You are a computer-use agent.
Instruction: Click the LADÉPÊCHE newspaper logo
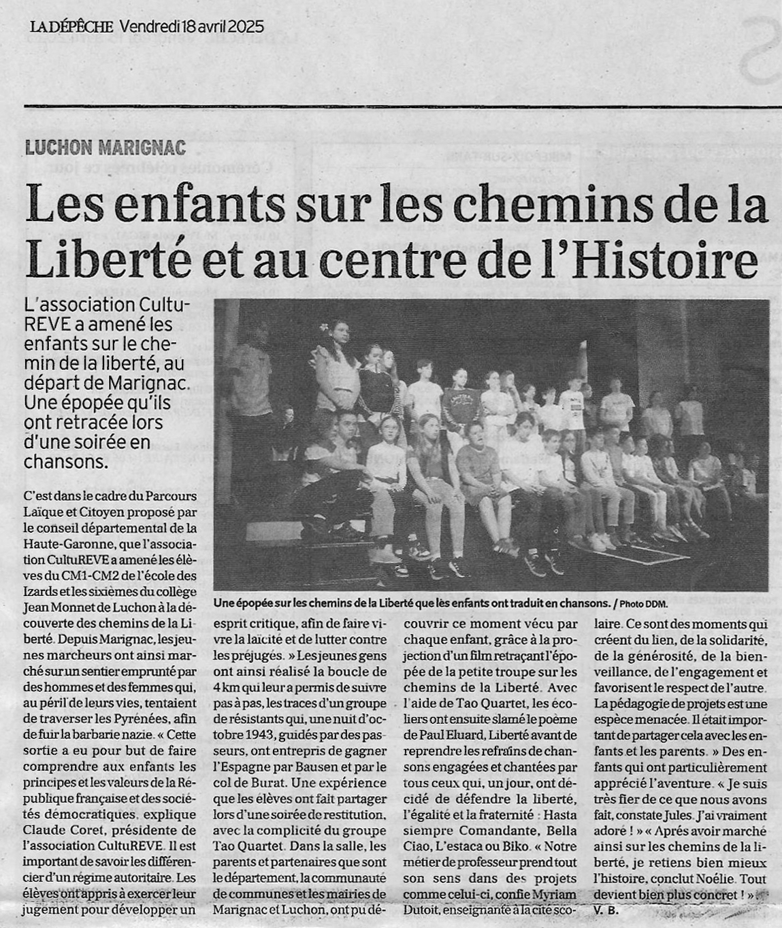[x=71, y=27]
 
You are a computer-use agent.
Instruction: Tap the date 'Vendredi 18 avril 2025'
[x=191, y=27]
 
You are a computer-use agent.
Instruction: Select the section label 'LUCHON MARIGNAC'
[x=105, y=148]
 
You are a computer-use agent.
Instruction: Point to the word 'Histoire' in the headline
[x=681, y=261]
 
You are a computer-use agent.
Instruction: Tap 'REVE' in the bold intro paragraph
[x=44, y=325]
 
